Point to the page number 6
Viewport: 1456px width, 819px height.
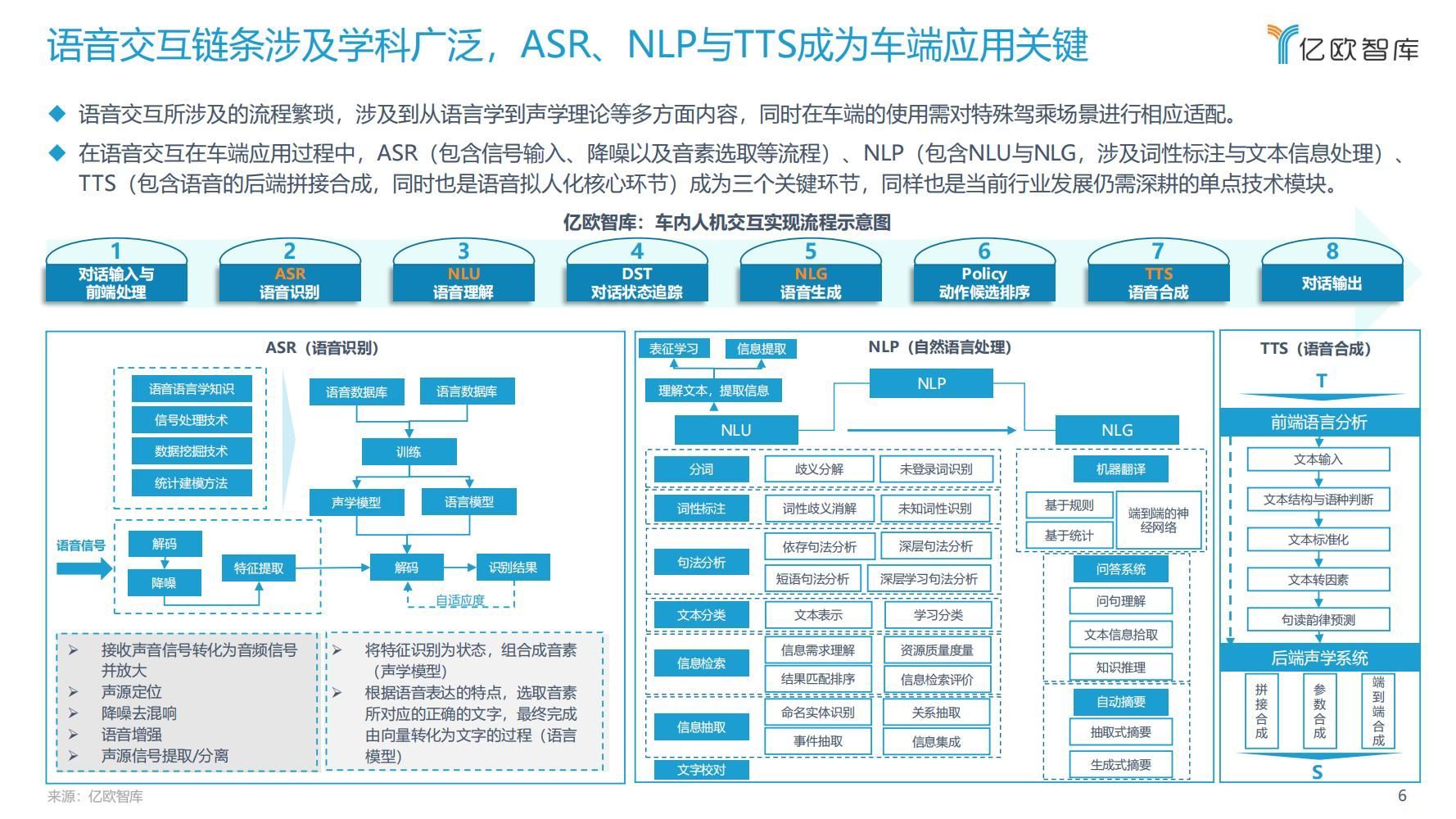(x=1402, y=795)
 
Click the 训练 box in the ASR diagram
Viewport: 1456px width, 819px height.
(x=409, y=451)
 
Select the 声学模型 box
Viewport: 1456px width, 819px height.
(x=356, y=502)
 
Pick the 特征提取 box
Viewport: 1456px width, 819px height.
(x=259, y=568)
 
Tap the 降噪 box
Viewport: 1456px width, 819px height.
(x=164, y=582)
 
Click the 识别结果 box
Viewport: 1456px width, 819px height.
(x=513, y=567)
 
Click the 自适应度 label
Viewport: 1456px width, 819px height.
(x=460, y=600)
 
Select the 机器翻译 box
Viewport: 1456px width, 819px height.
(x=1120, y=468)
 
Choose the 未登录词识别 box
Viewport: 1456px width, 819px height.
(x=935, y=468)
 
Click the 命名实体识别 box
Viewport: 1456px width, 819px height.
(x=817, y=712)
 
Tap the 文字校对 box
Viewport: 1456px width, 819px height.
(x=701, y=769)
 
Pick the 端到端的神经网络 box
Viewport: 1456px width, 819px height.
(x=1158, y=520)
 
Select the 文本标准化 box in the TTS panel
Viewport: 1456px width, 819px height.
(x=1318, y=540)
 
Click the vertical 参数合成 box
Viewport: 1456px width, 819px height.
(x=1319, y=711)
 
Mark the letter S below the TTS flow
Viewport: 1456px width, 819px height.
(x=1317, y=772)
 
